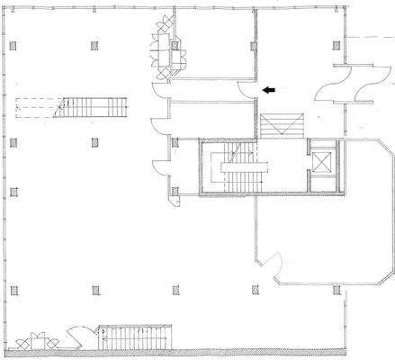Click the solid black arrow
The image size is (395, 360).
[269, 90]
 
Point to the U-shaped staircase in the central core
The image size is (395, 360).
[238, 169]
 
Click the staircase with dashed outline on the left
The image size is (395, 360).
[91, 107]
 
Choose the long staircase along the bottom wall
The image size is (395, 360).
[133, 339]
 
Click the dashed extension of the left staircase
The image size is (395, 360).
[36, 107]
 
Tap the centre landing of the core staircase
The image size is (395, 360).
[238, 169]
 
